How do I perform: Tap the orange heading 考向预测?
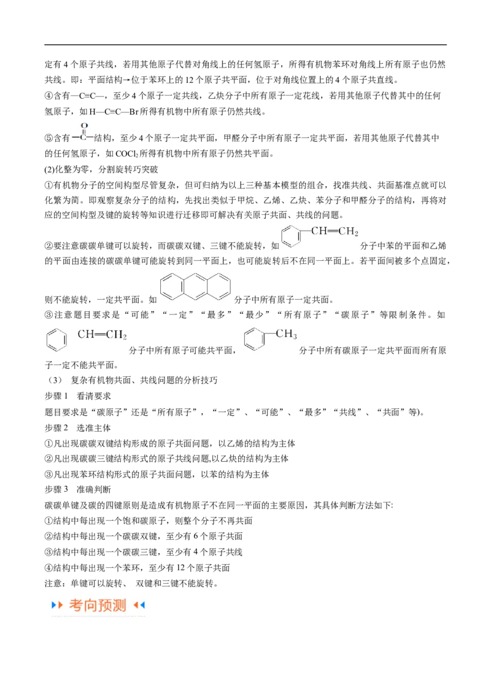[x=98, y=605]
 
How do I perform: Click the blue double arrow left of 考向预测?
[x=56, y=605]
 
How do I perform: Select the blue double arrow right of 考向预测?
[x=139, y=605]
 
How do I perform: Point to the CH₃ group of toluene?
[x=286, y=334]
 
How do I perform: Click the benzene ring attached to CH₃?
[x=254, y=339]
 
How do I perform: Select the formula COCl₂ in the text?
[x=127, y=154]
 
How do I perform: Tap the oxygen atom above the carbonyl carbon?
[x=84, y=126]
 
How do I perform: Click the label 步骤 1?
[x=56, y=396]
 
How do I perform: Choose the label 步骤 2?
[x=56, y=428]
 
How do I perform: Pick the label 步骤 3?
[x=56, y=489]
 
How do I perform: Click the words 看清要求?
[x=94, y=396]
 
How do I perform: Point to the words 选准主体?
[x=94, y=428]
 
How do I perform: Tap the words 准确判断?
[x=94, y=489]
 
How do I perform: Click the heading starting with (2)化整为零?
[x=101, y=169]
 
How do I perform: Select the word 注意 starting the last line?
[x=53, y=583]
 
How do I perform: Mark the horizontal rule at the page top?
[x=245, y=45]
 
